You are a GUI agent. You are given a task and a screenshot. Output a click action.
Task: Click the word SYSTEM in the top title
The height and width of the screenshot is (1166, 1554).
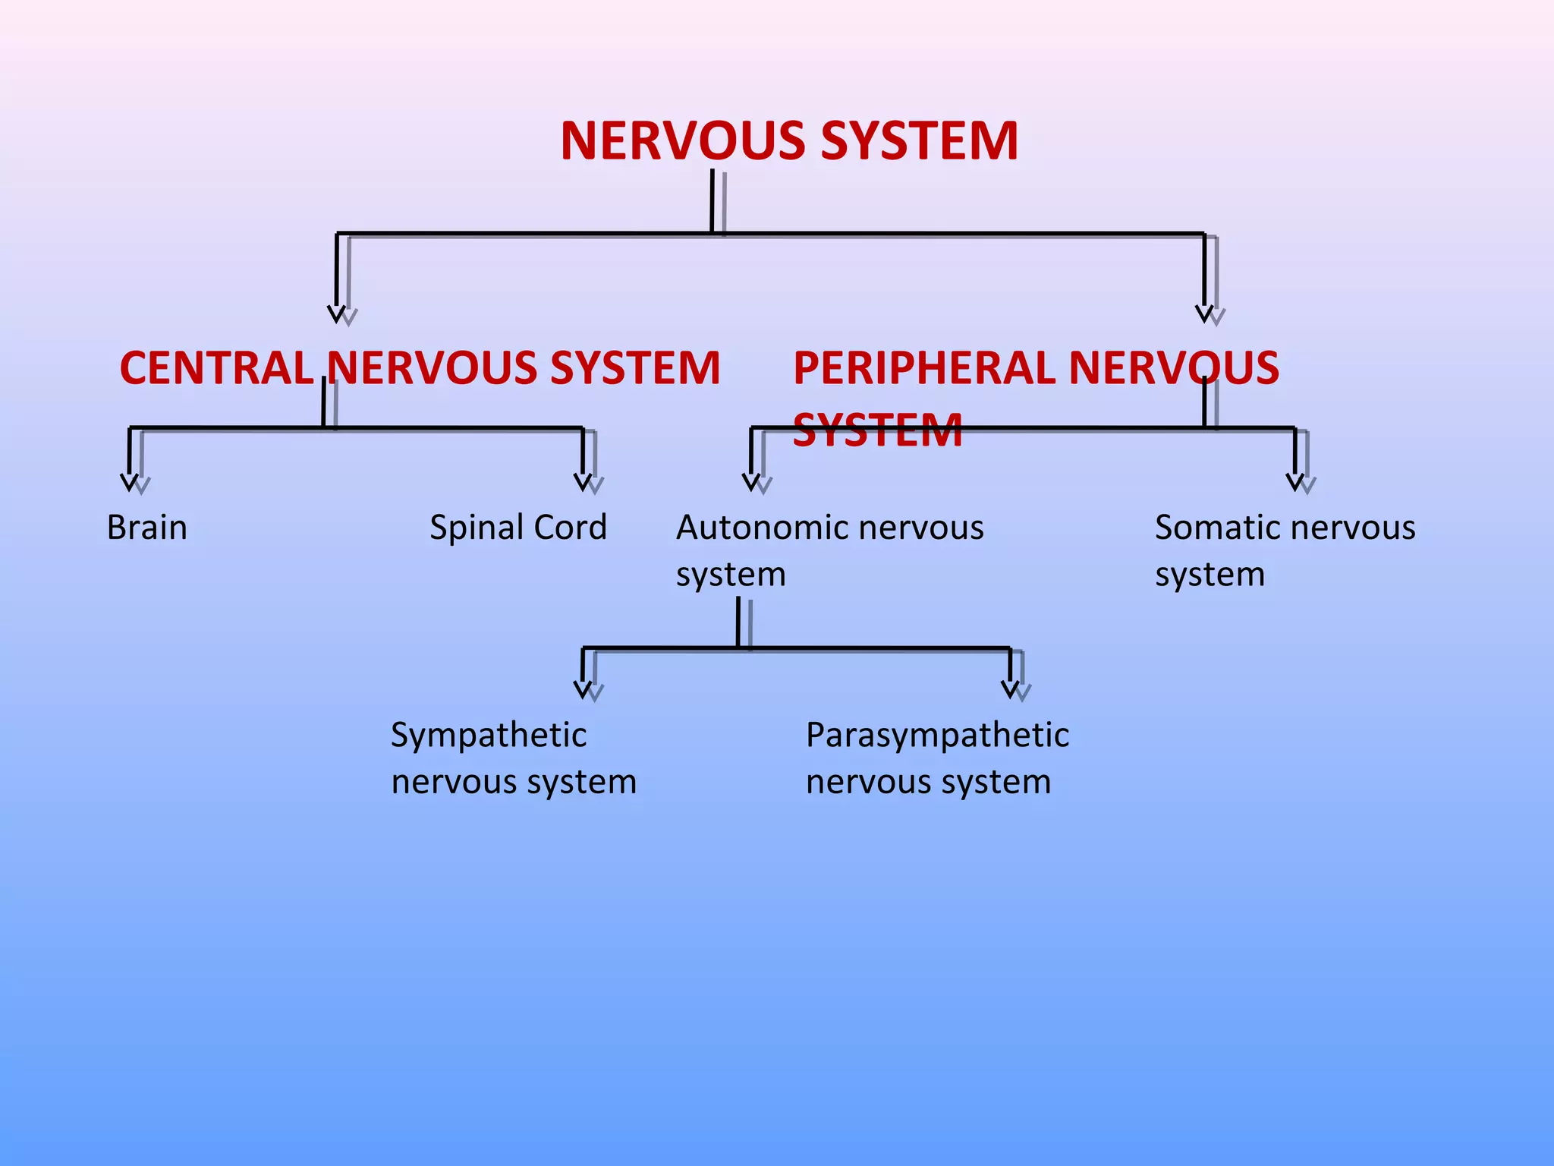[x=919, y=141]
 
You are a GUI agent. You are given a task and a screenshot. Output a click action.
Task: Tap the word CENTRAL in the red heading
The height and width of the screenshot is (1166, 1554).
[x=216, y=368]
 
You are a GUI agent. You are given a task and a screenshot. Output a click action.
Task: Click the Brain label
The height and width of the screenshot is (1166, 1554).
[x=146, y=528]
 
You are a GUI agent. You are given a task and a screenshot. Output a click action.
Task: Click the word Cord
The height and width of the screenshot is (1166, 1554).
[x=570, y=528]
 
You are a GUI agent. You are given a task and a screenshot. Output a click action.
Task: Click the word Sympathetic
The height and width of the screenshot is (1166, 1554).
[x=488, y=735]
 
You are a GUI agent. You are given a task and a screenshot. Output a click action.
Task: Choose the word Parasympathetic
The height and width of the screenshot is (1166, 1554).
[x=937, y=735]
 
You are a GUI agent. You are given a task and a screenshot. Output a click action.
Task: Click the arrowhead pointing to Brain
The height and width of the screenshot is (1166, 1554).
[x=130, y=482]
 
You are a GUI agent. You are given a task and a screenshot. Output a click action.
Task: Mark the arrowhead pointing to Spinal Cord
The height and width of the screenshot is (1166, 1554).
[x=583, y=482]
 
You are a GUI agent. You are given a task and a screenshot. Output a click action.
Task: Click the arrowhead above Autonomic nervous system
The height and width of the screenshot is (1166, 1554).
[x=751, y=482]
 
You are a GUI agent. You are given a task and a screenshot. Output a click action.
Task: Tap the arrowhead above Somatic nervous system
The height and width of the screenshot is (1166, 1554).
[x=1295, y=482]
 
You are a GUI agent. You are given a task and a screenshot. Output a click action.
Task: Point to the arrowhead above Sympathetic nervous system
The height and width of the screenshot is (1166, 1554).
[x=583, y=689]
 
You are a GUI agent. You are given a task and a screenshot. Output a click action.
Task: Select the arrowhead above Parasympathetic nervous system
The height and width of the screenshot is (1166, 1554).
[x=1010, y=689]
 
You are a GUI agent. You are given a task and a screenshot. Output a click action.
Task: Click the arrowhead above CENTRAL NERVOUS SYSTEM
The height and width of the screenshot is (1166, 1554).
[x=337, y=314]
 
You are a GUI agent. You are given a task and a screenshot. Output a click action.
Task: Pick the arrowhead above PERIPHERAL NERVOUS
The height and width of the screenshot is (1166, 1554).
[x=1204, y=314]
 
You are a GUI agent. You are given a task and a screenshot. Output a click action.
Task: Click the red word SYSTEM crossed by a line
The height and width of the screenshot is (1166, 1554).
[x=877, y=430]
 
